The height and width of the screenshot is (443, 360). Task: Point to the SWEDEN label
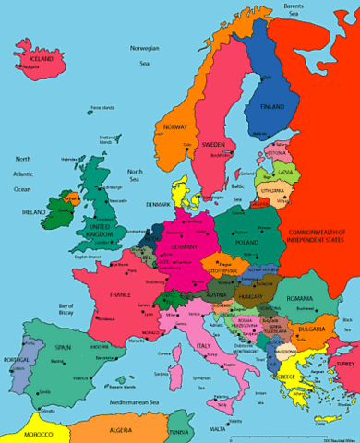pyautogui.click(x=213, y=145)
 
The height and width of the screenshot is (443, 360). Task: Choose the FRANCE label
pyautogui.click(x=121, y=294)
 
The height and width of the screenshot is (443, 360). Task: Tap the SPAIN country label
pyautogui.click(x=62, y=349)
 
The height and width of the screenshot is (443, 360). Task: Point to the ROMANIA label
pyautogui.click(x=300, y=300)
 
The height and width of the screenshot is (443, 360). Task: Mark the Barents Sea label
pyautogui.click(x=294, y=10)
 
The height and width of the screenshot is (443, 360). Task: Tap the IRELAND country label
pyautogui.click(x=34, y=211)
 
